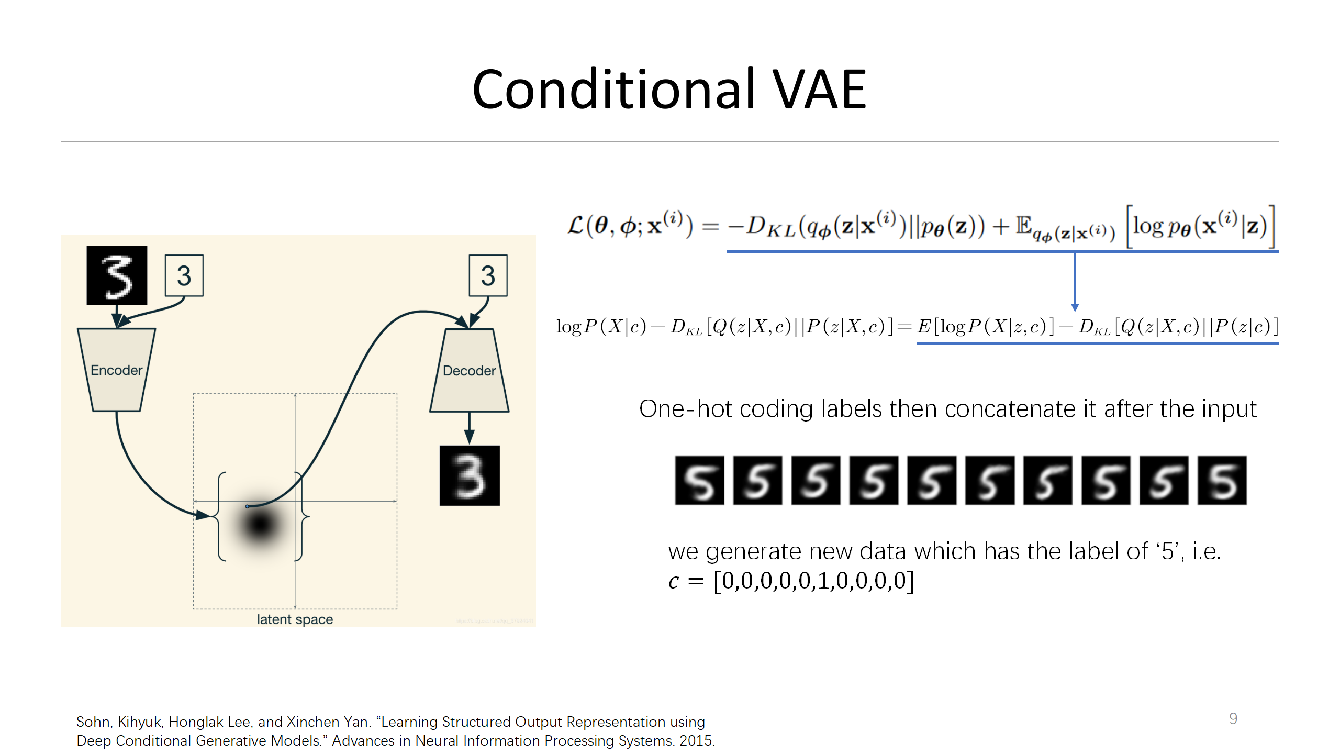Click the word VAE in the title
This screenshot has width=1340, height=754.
(x=820, y=90)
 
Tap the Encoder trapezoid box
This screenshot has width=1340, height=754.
(x=116, y=370)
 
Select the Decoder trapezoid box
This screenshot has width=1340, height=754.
(x=469, y=370)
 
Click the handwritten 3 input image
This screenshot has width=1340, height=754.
(x=117, y=275)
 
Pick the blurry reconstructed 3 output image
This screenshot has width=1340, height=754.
(x=470, y=475)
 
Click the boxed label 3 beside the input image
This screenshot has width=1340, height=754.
(x=184, y=276)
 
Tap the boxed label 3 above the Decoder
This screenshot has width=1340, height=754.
(x=488, y=276)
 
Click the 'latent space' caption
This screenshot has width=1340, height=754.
(x=295, y=619)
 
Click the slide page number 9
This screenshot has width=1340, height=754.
(x=1233, y=718)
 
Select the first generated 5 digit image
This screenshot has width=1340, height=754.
(x=699, y=480)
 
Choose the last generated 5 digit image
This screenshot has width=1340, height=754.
(x=1222, y=480)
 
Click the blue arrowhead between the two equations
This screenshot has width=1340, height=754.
(x=1075, y=307)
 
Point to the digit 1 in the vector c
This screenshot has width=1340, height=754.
(x=823, y=581)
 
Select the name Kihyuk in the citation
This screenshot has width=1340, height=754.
(x=140, y=722)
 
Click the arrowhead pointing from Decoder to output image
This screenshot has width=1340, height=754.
(x=469, y=437)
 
